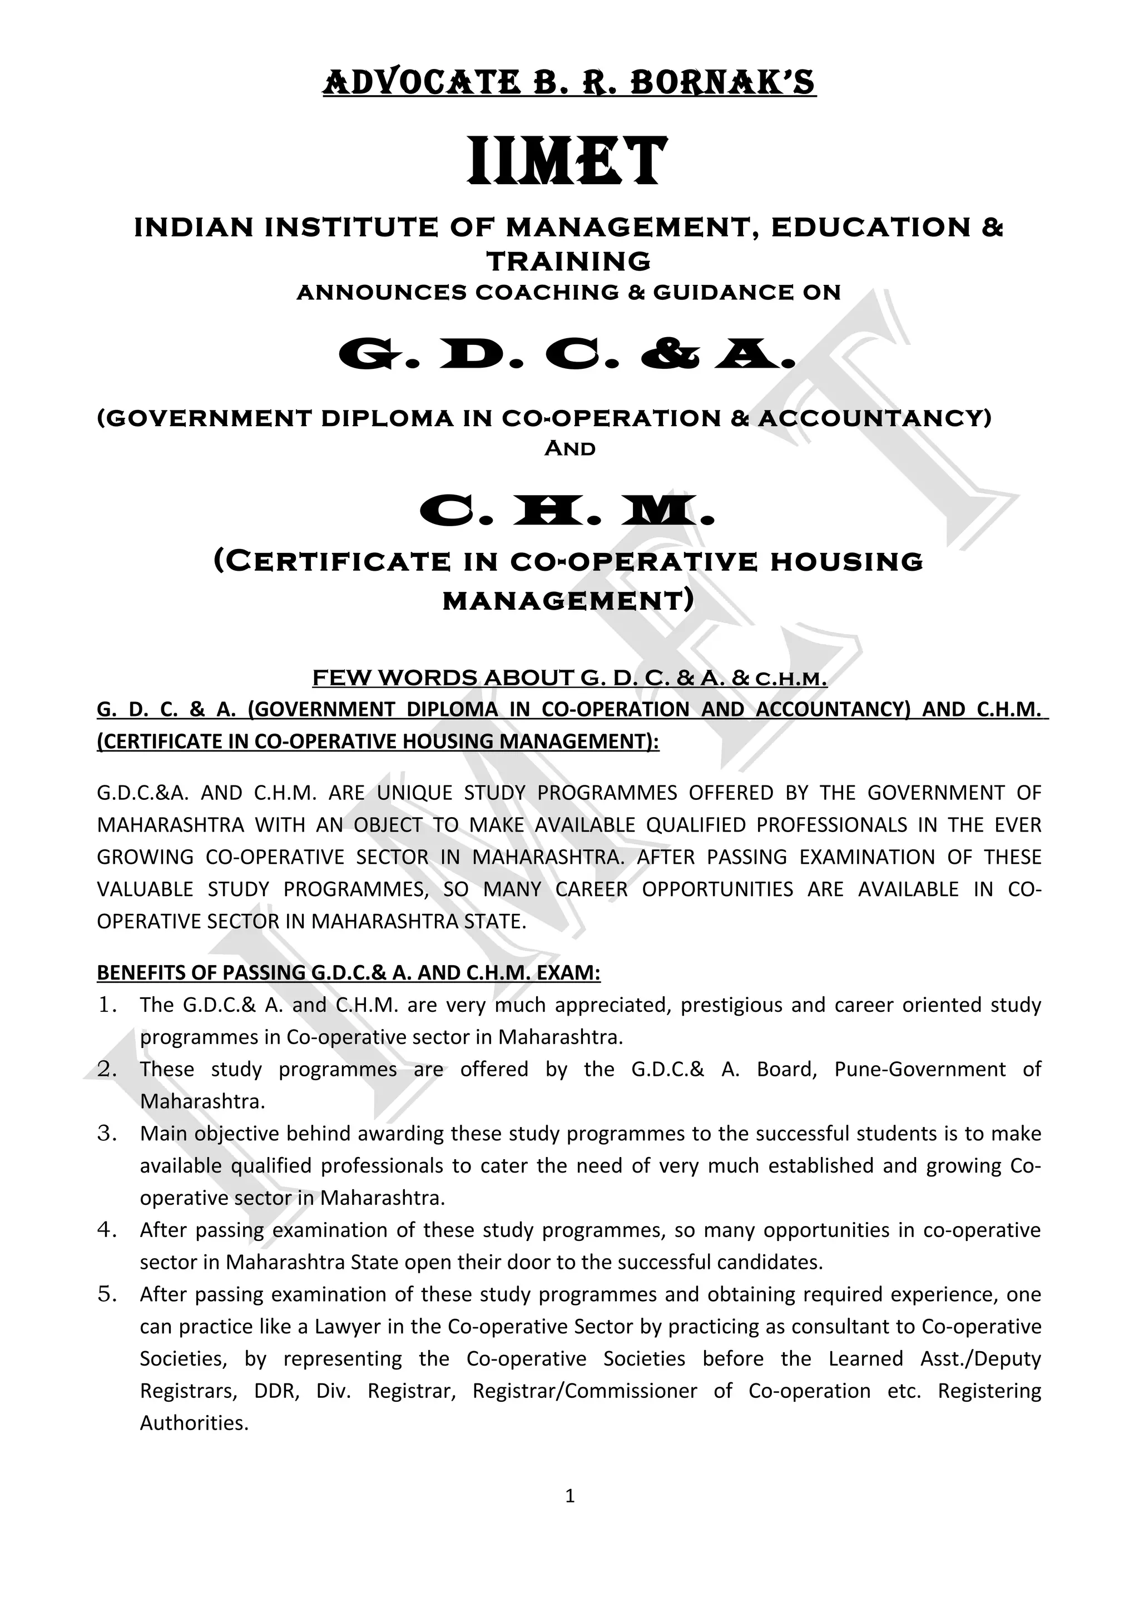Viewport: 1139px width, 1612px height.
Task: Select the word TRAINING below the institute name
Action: (x=568, y=261)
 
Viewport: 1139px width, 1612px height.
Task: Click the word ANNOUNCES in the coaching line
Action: (x=381, y=292)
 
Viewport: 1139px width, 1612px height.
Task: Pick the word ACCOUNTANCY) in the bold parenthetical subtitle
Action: (x=874, y=418)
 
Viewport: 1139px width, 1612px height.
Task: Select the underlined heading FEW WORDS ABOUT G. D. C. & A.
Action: (x=569, y=678)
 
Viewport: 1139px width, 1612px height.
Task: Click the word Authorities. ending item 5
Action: (x=195, y=1422)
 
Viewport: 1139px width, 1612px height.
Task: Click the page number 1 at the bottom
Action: (x=569, y=1496)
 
